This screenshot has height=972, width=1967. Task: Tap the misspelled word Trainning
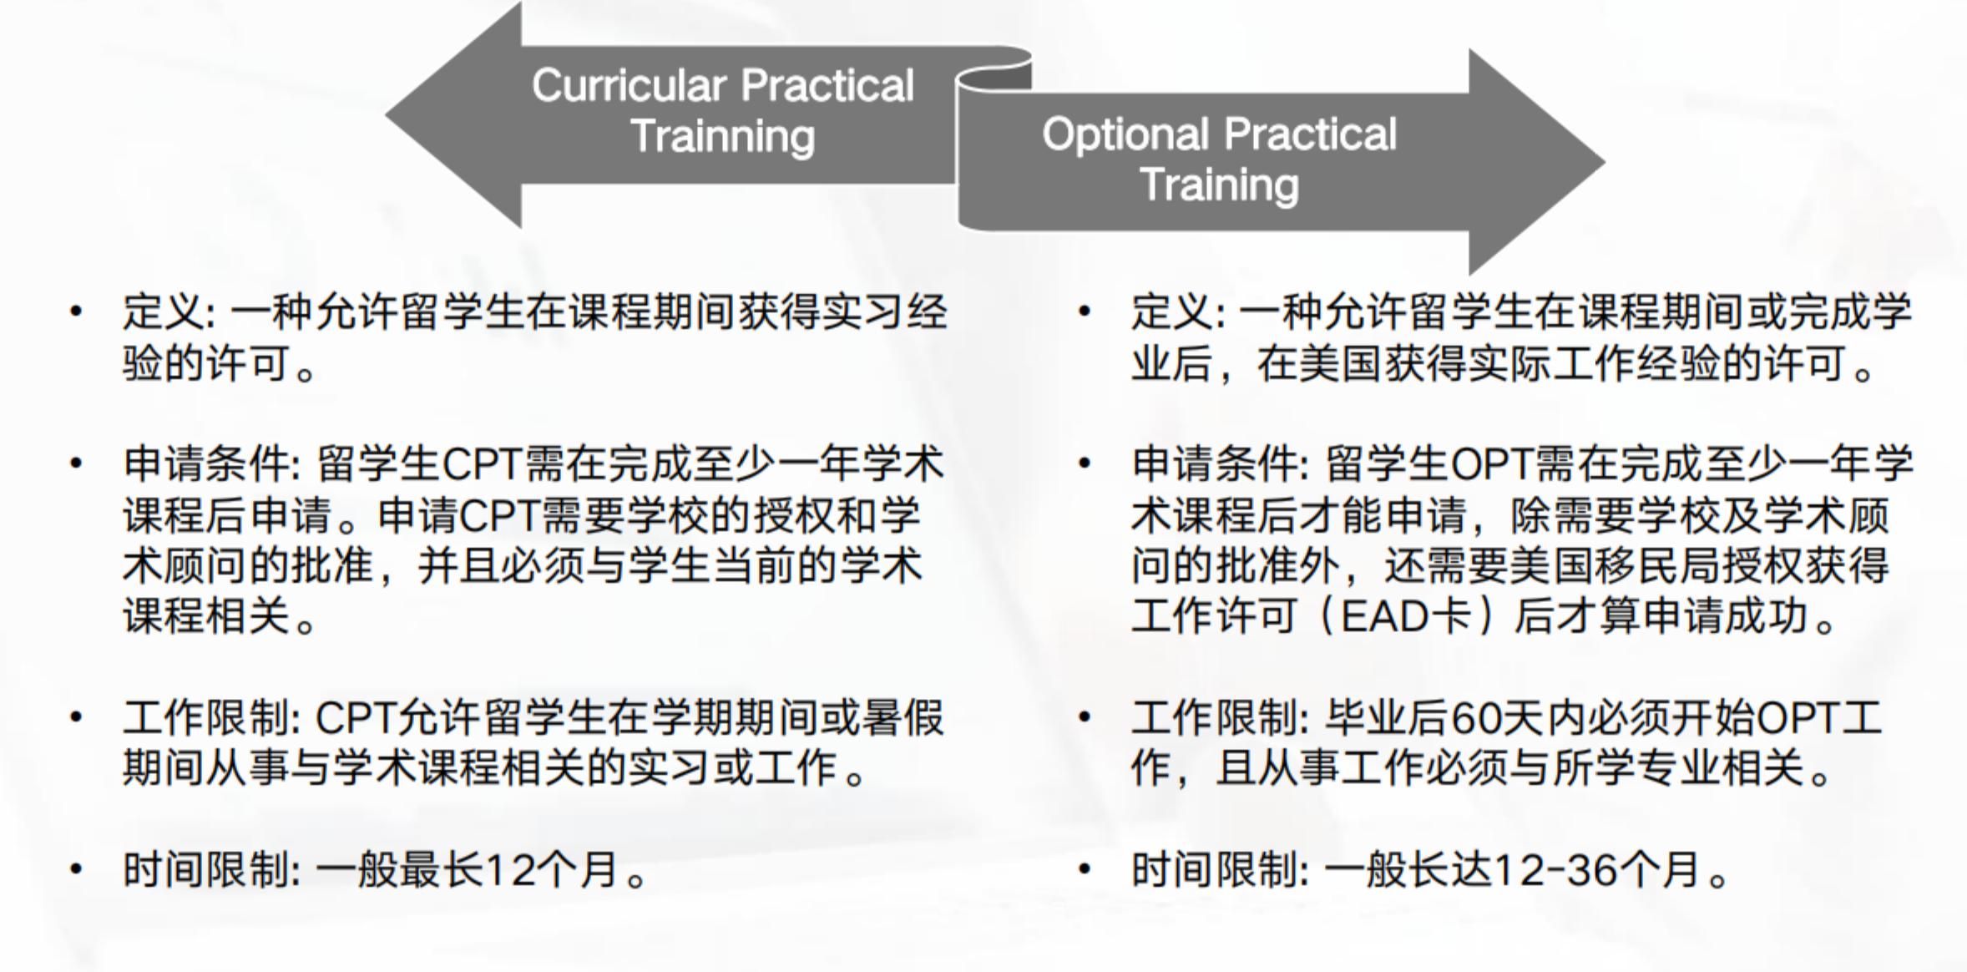722,137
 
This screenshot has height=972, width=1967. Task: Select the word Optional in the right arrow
1125,134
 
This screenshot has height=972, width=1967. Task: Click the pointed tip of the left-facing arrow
387,115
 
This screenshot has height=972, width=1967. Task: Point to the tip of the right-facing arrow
1605,162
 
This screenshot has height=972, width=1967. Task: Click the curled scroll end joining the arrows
994,71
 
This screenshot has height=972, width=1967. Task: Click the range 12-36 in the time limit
1555,870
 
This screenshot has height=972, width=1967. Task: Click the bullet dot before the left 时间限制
77,869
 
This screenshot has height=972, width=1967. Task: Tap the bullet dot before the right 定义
1085,312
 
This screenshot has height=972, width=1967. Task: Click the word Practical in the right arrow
1311,134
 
